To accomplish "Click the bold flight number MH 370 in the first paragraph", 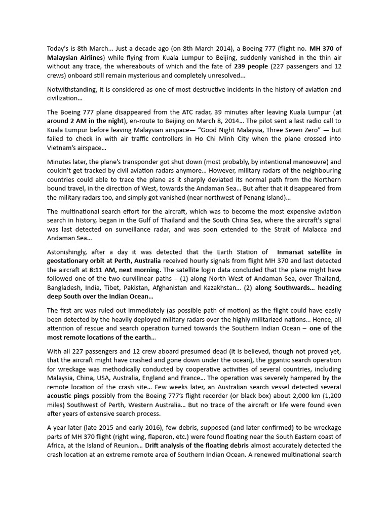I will (x=322, y=49).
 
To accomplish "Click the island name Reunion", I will (x=128, y=446).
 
